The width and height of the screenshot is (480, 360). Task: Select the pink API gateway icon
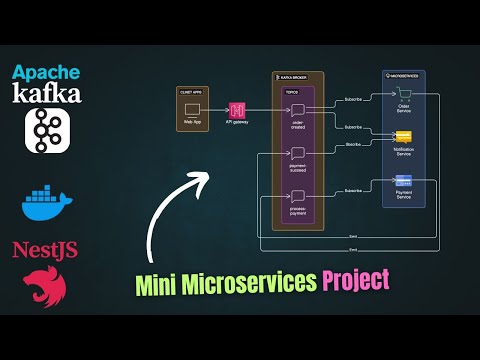coord(237,109)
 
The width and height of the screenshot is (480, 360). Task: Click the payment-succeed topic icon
coord(297,153)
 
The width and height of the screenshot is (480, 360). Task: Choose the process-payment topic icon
coord(297,196)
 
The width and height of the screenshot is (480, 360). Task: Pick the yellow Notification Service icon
coord(404,139)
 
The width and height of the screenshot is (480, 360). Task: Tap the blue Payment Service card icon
coord(404,181)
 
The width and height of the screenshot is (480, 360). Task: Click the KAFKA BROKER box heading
coord(293,77)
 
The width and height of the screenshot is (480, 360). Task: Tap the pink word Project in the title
coord(355,280)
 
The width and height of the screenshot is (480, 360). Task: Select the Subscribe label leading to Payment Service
coord(353,190)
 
